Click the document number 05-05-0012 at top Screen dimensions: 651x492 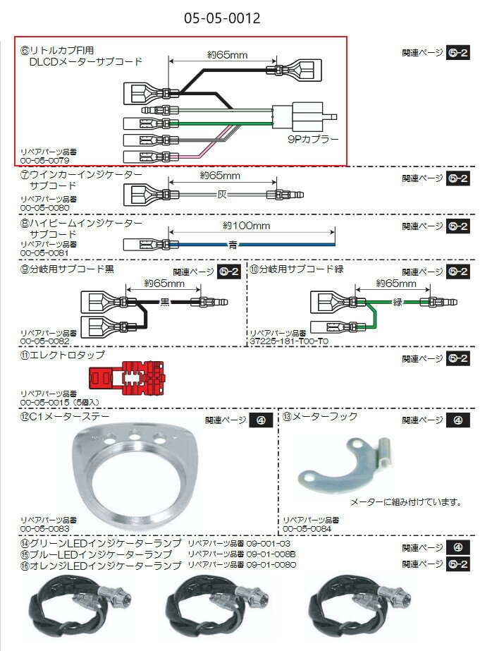pyautogui.click(x=216, y=16)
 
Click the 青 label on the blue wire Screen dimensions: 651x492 pyautogui.click(x=233, y=245)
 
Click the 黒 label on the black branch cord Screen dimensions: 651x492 pyautogui.click(x=164, y=301)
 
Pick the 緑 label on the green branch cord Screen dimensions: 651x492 pyautogui.click(x=397, y=301)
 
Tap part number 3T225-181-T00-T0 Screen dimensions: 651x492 pyautogui.click(x=289, y=340)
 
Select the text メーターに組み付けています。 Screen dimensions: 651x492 pyautogui.click(x=407, y=503)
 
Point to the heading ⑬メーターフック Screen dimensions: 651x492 pyautogui.click(x=320, y=416)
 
